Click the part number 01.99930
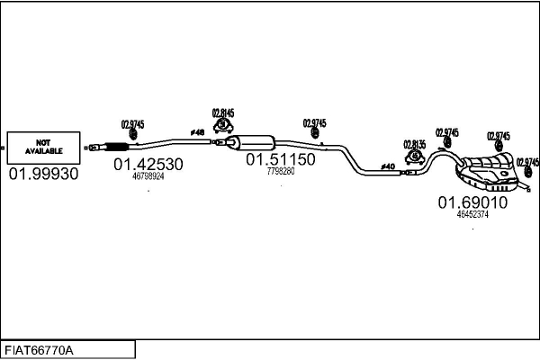[x=43, y=172]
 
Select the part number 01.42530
[x=148, y=165]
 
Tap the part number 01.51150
[x=281, y=159]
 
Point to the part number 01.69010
[x=472, y=202]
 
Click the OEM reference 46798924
[x=148, y=177]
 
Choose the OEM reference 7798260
[x=281, y=171]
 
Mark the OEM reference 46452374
[x=472, y=214]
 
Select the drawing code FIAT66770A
[x=40, y=349]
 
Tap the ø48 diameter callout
[x=197, y=133]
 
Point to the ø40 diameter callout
[x=389, y=166]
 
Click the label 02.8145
[x=223, y=113]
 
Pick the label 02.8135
[x=415, y=145]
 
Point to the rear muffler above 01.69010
[x=486, y=169]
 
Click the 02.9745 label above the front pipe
[x=132, y=124]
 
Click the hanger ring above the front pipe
[x=133, y=135]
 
